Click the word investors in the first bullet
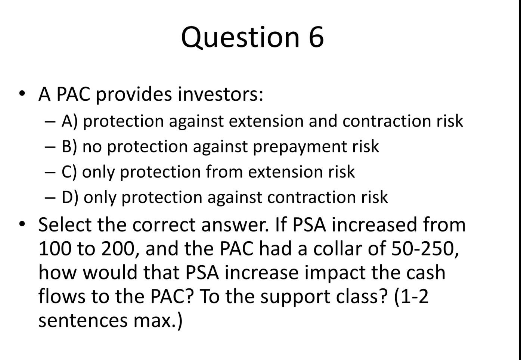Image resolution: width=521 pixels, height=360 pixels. click(x=220, y=94)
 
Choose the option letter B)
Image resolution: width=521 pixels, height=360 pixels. click(x=70, y=146)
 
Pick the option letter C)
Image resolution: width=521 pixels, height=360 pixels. click(x=69, y=172)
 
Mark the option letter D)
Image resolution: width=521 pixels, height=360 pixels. click(x=71, y=197)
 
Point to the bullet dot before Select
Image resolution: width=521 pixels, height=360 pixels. click(x=23, y=224)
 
